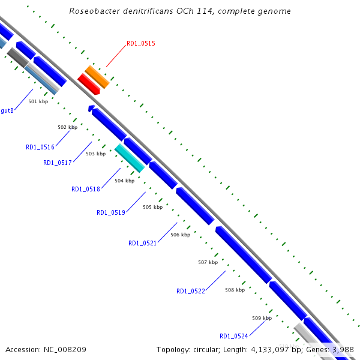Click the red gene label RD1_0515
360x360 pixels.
pyautogui.click(x=141, y=44)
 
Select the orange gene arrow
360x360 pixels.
pyautogui.click(x=97, y=77)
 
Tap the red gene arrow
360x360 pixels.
pyautogui.click(x=89, y=84)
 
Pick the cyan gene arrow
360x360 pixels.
pyautogui.click(x=130, y=158)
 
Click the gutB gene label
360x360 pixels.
pyautogui.click(x=7, y=110)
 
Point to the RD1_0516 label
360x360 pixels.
pyautogui.click(x=40, y=147)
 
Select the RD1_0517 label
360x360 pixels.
pyautogui.click(x=58, y=163)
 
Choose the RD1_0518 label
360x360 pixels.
pyautogui.click(x=86, y=189)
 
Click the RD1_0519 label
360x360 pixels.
pyautogui.click(x=111, y=212)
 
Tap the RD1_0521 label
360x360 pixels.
pyautogui.click(x=143, y=243)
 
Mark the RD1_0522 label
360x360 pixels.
pyautogui.click(x=191, y=291)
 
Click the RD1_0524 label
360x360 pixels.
pyautogui.click(x=234, y=336)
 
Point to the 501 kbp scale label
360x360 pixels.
pyautogui.click(x=38, y=101)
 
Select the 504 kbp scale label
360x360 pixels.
pyautogui.click(x=124, y=181)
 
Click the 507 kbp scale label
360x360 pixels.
pyautogui.click(x=208, y=262)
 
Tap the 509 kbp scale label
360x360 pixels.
pyautogui.click(x=262, y=317)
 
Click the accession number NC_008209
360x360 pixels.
pyautogui.click(x=65, y=349)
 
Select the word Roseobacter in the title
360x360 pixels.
pyautogui.click(x=92, y=11)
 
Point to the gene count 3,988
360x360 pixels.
pyautogui.click(x=341, y=349)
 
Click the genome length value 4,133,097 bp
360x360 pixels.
pyautogui.click(x=264, y=349)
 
